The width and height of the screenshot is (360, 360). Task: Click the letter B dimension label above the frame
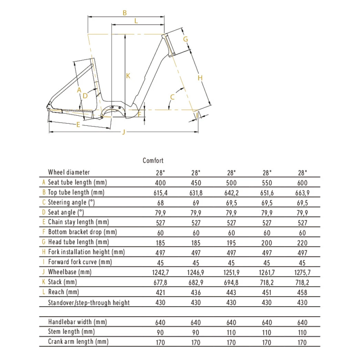pos(125,13)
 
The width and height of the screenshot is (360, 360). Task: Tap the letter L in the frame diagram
pos(136,21)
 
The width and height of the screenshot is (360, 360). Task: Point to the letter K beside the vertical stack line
pos(128,76)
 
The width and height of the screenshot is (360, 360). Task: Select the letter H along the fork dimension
pos(200,78)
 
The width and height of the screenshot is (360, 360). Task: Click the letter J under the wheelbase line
pos(124,133)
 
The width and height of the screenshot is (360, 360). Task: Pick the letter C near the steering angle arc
pos(173,97)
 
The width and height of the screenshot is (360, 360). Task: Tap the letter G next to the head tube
pos(185,39)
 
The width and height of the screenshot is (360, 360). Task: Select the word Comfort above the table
pos(153,161)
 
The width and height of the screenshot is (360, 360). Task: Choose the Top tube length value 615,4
pos(160,193)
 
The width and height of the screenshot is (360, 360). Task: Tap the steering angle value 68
pos(160,203)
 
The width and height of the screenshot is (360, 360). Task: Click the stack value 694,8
pos(231,282)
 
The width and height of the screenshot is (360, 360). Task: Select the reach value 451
pos(267,292)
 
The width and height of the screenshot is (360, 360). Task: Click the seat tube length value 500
pos(231,183)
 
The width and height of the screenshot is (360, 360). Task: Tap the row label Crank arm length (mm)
pos(78,342)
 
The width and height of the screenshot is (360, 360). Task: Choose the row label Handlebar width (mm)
pos(78,322)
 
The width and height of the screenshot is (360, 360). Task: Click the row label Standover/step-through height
pos(89,302)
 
